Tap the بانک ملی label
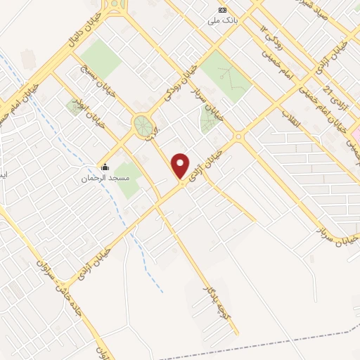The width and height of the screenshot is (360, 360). click(x=219, y=20)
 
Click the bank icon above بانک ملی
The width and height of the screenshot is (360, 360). click(x=223, y=10)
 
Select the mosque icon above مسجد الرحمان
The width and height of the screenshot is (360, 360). click(x=105, y=167)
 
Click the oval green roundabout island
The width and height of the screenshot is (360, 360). click(x=144, y=127)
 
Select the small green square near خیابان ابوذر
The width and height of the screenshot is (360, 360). click(x=75, y=107)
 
